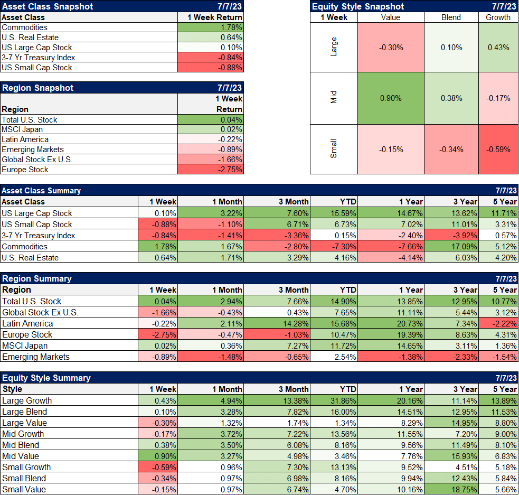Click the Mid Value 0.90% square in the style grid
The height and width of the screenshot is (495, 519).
tap(391, 98)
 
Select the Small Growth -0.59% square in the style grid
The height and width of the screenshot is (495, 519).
tap(498, 149)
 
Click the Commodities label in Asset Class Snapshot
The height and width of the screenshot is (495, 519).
tap(24, 27)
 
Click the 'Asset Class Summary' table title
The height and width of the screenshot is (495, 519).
tap(42, 191)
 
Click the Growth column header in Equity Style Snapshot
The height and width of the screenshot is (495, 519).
tap(498, 17)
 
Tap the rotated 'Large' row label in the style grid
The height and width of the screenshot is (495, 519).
tap(333, 47)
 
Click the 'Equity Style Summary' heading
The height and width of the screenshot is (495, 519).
tap(46, 378)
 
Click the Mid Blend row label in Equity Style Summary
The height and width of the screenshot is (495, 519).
tap(21, 445)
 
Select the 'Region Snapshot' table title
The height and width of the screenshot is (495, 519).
tap(37, 88)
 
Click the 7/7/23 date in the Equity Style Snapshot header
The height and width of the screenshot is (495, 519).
tap(504, 6)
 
